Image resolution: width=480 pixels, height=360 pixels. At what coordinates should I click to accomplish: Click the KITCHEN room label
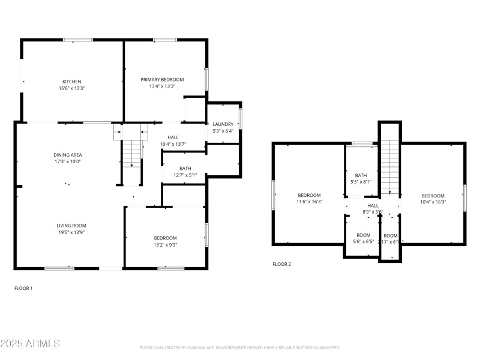pyautogui.click(x=72, y=82)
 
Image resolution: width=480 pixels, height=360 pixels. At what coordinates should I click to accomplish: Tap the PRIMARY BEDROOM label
pyautogui.click(x=162, y=79)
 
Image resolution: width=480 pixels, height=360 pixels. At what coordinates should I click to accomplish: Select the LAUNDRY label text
pyautogui.click(x=223, y=124)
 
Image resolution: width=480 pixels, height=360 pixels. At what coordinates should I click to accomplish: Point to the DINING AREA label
pyautogui.click(x=67, y=155)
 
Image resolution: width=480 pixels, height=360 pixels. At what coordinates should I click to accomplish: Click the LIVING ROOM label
pyautogui.click(x=71, y=226)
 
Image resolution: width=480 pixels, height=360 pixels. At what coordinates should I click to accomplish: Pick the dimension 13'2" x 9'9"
pyautogui.click(x=165, y=245)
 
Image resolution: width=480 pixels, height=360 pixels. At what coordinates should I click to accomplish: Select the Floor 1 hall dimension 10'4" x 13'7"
pyautogui.click(x=173, y=144)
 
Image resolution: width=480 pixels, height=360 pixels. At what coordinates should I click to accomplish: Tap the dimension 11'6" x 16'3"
pyautogui.click(x=309, y=202)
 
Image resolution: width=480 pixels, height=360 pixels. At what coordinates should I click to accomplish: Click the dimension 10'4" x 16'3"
pyautogui.click(x=433, y=202)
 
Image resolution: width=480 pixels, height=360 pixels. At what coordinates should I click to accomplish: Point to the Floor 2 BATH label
pyautogui.click(x=361, y=175)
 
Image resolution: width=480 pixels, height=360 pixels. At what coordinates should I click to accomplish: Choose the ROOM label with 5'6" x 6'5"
pyautogui.click(x=364, y=235)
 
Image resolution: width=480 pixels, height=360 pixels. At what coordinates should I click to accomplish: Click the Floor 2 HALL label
pyautogui.click(x=373, y=205)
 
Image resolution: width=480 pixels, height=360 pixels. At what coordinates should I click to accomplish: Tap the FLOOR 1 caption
pyautogui.click(x=23, y=288)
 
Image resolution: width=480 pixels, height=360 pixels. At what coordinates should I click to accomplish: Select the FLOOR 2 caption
pyautogui.click(x=281, y=264)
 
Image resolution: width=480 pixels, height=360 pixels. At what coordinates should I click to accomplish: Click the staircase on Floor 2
pyautogui.click(x=389, y=165)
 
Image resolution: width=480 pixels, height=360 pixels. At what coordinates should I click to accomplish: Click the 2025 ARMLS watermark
pyautogui.click(x=30, y=344)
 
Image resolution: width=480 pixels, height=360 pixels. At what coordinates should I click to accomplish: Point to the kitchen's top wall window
pyautogui.click(x=78, y=40)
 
